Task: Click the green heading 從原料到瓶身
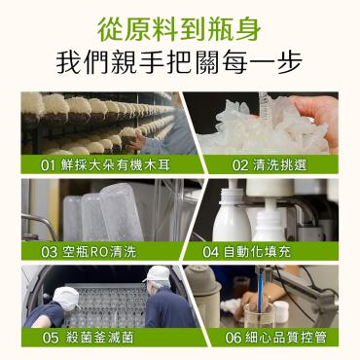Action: (x=179, y=29)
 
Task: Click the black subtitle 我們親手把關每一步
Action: (x=179, y=62)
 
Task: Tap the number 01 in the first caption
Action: (x=48, y=165)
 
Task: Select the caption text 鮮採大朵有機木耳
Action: (x=116, y=165)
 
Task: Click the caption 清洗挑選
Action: (x=279, y=165)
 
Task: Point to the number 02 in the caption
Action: (x=239, y=165)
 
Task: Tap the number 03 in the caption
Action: (x=50, y=252)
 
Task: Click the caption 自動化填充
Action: (x=258, y=251)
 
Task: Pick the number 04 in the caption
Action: (x=211, y=252)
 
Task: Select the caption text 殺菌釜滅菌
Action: (x=99, y=338)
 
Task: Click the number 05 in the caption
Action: (x=51, y=338)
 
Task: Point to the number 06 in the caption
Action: (x=234, y=338)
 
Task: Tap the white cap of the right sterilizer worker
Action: (x=158, y=274)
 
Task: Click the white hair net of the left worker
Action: (x=66, y=298)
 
